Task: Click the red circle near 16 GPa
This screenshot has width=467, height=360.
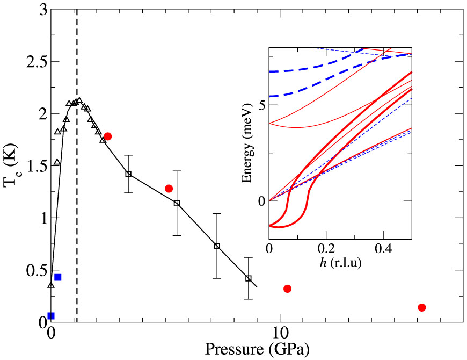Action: click(421, 307)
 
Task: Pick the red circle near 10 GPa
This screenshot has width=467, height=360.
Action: click(287, 289)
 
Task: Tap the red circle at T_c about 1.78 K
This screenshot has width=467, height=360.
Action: click(107, 136)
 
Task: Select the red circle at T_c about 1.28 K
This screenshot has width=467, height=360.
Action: click(169, 189)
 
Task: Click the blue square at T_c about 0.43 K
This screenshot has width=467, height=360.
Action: click(58, 277)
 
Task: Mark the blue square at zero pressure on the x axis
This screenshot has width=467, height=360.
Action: click(51, 316)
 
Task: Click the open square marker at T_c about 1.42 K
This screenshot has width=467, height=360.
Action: click(128, 174)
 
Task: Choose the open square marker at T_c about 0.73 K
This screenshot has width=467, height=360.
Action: click(217, 246)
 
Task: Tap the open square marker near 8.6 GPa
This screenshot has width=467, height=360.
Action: click(249, 278)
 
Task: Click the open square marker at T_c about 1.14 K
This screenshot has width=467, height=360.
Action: click(177, 203)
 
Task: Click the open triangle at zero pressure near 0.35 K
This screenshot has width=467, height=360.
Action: click(51, 285)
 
